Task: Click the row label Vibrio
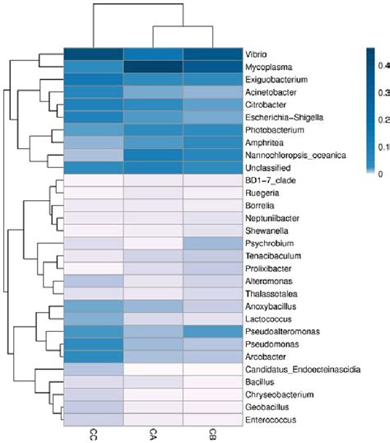click(x=255, y=54)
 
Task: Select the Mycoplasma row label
click(x=264, y=68)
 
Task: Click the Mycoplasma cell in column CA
click(x=153, y=68)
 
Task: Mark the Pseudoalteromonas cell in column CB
click(x=212, y=331)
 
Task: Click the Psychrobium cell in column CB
click(x=212, y=244)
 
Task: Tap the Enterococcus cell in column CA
click(x=153, y=420)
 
